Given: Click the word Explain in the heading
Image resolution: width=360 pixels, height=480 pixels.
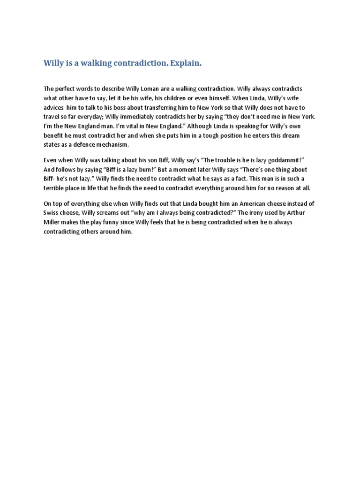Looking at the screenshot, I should tap(186, 63).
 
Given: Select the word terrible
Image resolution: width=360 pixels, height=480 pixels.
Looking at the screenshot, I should tap(55, 188).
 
